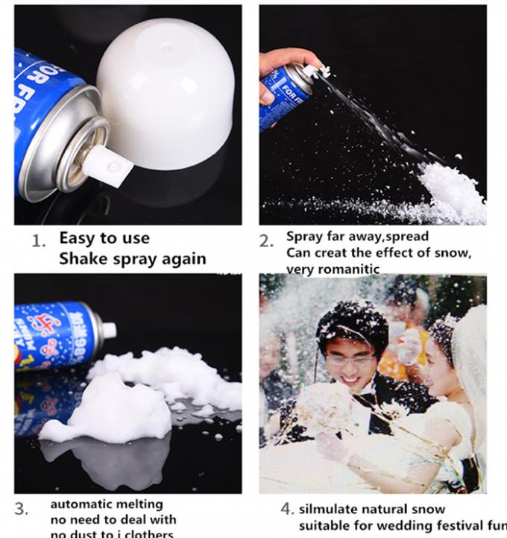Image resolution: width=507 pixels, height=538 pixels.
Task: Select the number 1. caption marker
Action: click(39, 241)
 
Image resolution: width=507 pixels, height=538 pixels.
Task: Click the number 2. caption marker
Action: click(266, 241)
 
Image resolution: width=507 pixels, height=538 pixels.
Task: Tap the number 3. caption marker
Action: click(22, 509)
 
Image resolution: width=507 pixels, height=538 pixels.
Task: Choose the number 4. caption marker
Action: click(287, 509)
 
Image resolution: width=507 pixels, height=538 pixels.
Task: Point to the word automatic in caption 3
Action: click(78, 504)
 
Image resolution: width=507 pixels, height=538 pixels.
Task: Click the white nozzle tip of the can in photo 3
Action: click(110, 329)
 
